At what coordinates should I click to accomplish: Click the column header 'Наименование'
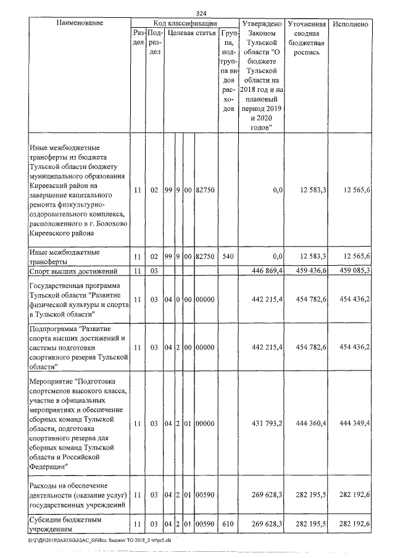(79, 23)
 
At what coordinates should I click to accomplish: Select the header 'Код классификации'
(184, 22)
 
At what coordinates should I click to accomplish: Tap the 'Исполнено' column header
(351, 24)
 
